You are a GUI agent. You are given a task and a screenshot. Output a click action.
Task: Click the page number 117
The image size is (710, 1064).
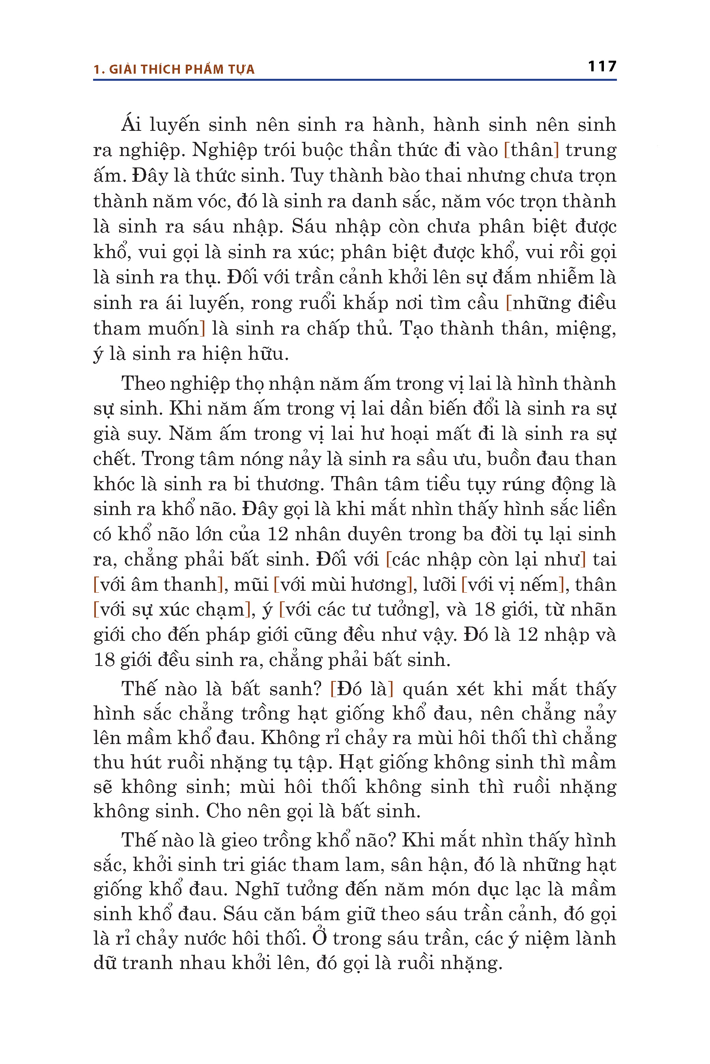coord(602,67)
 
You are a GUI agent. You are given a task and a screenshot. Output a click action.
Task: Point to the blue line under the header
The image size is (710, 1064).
coord(355,80)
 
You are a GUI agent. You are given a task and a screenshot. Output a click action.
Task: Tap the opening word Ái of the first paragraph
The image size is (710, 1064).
coord(131,125)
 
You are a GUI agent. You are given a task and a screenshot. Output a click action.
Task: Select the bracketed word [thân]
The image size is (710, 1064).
coord(531,150)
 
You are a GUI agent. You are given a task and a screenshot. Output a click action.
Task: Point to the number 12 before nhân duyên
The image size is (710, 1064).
coord(278,535)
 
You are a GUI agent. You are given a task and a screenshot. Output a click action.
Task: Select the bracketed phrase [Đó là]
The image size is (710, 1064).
coord(362,689)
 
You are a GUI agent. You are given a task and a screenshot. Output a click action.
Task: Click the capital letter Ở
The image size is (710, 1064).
coord(319,938)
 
